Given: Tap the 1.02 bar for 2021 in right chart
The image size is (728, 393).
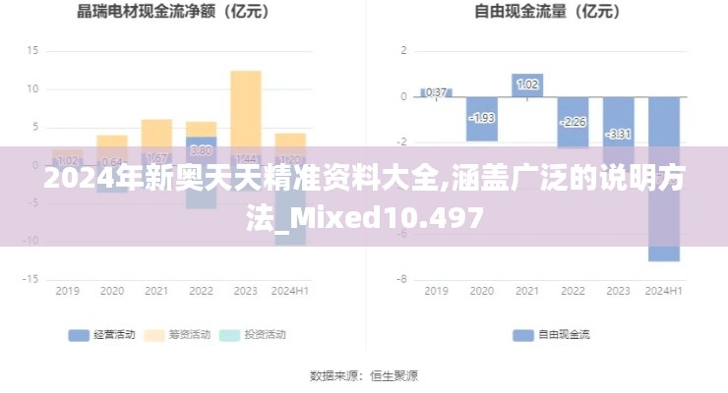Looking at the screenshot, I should (x=527, y=85).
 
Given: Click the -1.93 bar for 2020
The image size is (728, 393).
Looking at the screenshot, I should (x=482, y=118).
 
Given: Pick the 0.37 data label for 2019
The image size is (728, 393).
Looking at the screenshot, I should (x=436, y=92).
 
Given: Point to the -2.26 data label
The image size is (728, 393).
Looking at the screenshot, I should (x=573, y=122).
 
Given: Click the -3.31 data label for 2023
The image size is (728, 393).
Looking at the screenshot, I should (x=618, y=134).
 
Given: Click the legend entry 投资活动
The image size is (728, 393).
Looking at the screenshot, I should (x=253, y=335).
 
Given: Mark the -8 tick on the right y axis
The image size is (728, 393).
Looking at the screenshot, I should (x=402, y=279).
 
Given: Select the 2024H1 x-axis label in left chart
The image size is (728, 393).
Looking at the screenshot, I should (x=290, y=292).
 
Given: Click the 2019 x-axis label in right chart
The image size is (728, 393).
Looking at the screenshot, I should (x=436, y=292).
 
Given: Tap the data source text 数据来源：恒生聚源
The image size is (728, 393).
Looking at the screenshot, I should (x=364, y=375).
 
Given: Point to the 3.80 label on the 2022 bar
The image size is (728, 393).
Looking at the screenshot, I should (x=201, y=150).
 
